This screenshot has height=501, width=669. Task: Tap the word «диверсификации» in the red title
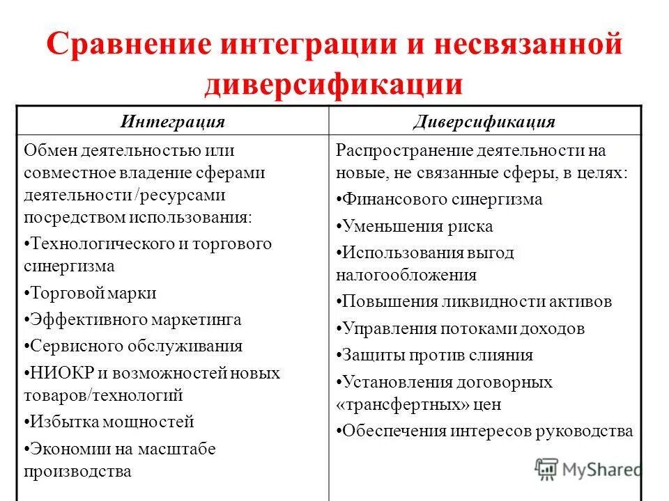pyautogui.click(x=333, y=83)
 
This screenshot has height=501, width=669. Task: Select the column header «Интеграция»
pyautogui.click(x=172, y=122)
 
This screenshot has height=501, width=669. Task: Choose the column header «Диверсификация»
pyautogui.click(x=484, y=122)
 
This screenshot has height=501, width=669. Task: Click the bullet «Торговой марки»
pyautogui.click(x=91, y=293)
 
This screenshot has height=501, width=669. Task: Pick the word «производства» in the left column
pyautogui.click(x=78, y=471)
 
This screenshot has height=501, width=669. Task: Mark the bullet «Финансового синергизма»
pyautogui.click(x=440, y=199)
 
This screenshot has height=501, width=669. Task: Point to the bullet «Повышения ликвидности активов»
pyautogui.click(x=475, y=301)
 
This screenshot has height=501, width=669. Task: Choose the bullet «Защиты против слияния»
pyautogui.click(x=435, y=355)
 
